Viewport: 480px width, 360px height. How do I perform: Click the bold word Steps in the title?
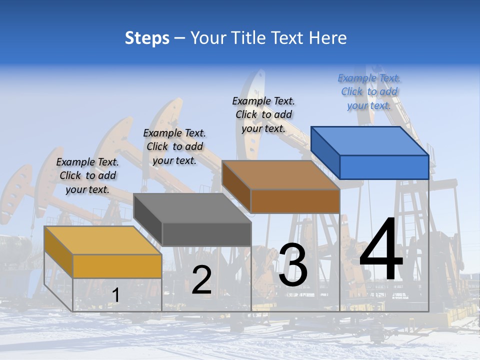pyautogui.click(x=147, y=38)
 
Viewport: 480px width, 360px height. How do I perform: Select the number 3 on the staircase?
pyautogui.click(x=293, y=265)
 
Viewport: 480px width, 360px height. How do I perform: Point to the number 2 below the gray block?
pyautogui.click(x=201, y=280)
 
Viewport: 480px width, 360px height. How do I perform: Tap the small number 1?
pyautogui.click(x=115, y=295)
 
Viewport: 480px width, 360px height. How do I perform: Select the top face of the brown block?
pyautogui.click(x=280, y=175)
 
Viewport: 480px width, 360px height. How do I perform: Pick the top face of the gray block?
pyautogui.click(x=192, y=208)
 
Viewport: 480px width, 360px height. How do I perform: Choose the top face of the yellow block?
pyautogui.click(x=103, y=240)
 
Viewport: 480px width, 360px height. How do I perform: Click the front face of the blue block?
pyautogui.click(x=384, y=167)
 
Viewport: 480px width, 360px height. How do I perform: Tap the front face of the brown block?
pyautogui.click(x=295, y=201)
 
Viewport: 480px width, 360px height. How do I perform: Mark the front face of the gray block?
pyautogui.click(x=206, y=234)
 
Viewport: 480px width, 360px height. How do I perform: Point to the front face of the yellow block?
pyautogui.click(x=117, y=266)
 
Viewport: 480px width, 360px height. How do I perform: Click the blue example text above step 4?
pyautogui.click(x=369, y=91)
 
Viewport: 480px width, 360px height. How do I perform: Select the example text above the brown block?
pyautogui.click(x=263, y=114)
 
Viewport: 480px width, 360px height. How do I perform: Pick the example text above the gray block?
pyautogui.click(x=174, y=146)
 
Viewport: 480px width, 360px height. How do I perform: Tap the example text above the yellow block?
pyautogui.click(x=87, y=175)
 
